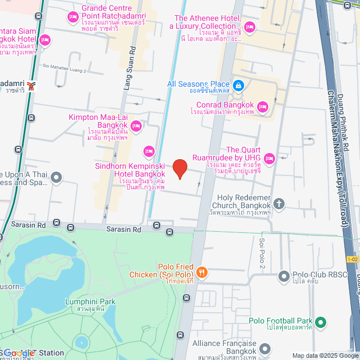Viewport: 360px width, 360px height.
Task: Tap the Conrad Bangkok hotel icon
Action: point(262,106)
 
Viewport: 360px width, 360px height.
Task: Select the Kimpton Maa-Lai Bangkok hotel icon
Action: point(135,125)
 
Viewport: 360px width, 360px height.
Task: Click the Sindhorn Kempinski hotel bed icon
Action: point(148,150)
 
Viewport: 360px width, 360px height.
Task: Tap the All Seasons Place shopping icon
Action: point(238,84)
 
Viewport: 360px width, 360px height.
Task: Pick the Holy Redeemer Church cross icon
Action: point(280,202)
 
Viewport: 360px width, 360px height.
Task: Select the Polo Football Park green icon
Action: point(320,322)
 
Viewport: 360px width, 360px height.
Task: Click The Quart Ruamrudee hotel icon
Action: point(269,159)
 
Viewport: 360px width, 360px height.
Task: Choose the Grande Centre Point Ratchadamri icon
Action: point(73,18)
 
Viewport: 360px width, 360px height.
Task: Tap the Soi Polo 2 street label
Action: point(262,253)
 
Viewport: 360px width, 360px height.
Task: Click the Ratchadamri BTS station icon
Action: point(32,86)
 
